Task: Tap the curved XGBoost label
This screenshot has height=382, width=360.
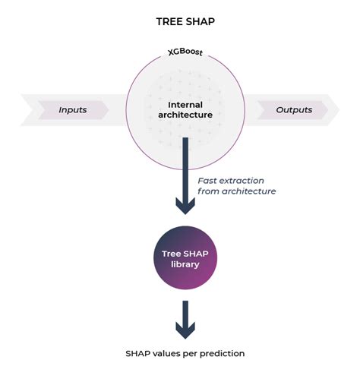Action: [185, 53]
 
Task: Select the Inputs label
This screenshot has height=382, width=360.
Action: [73, 109]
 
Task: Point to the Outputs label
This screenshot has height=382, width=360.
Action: [294, 109]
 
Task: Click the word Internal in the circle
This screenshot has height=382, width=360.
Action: [185, 104]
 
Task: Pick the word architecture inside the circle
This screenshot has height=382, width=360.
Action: [185, 115]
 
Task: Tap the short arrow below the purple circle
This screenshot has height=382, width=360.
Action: [185, 319]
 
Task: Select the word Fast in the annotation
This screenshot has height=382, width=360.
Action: [209, 180]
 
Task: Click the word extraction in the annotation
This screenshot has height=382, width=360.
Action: [248, 180]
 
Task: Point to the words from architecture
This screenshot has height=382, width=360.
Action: [236, 191]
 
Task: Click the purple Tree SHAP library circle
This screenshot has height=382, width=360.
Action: [185, 260]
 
